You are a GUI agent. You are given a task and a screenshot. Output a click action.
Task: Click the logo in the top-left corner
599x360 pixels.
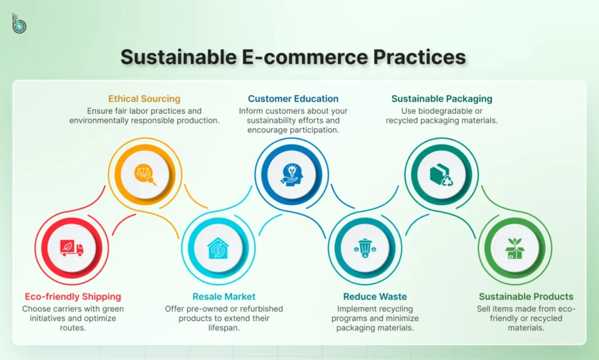point(19,23)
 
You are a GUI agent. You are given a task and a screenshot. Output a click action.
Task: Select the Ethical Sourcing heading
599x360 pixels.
point(144,99)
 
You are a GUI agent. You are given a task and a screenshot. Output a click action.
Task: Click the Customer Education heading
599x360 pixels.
point(293,99)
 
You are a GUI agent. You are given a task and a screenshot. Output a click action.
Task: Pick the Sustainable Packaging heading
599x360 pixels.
point(442,99)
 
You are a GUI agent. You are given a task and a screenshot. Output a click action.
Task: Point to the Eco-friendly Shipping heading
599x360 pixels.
point(73,297)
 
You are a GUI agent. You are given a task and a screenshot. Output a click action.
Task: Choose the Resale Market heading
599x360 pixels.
point(224,297)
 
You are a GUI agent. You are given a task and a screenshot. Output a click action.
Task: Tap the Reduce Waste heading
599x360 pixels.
point(375,297)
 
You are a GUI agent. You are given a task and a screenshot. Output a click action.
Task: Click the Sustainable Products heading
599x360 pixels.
point(526,297)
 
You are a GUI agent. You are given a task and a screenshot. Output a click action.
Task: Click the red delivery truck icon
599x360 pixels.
point(72,248)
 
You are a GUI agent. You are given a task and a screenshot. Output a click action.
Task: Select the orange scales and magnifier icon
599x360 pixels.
point(145,174)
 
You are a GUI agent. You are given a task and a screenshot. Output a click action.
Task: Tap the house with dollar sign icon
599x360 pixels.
point(218,248)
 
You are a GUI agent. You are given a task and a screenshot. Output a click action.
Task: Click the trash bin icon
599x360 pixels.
point(365,248)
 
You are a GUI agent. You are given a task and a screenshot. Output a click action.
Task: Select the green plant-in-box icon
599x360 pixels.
point(515,248)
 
